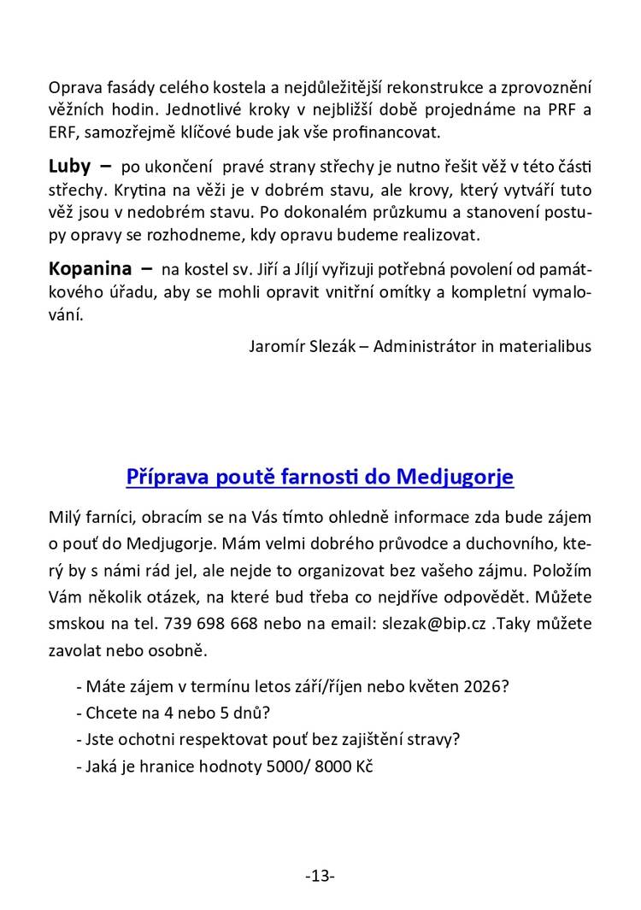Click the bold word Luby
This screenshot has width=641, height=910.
click(69, 166)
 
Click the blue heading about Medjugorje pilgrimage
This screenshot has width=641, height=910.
click(320, 476)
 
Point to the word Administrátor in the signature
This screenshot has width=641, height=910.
click(426, 346)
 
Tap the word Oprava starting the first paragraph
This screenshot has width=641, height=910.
click(75, 88)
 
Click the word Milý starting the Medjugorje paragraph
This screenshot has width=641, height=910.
click(65, 519)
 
